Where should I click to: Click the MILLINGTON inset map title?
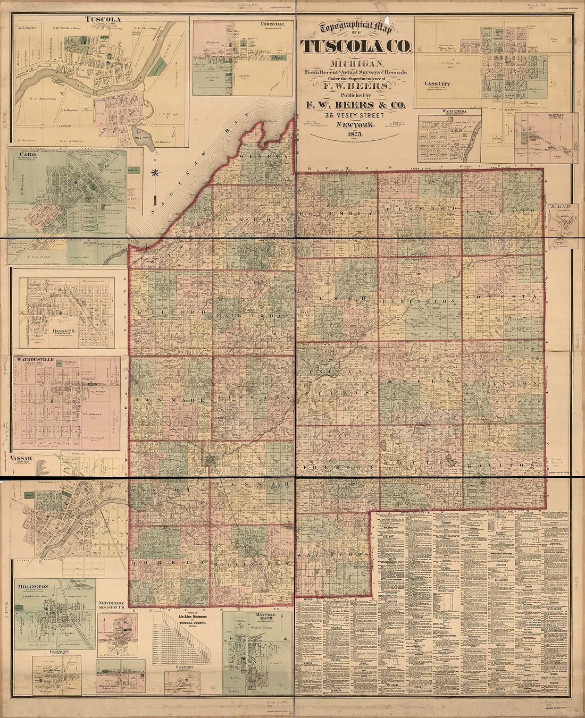click(x=33, y=586)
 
